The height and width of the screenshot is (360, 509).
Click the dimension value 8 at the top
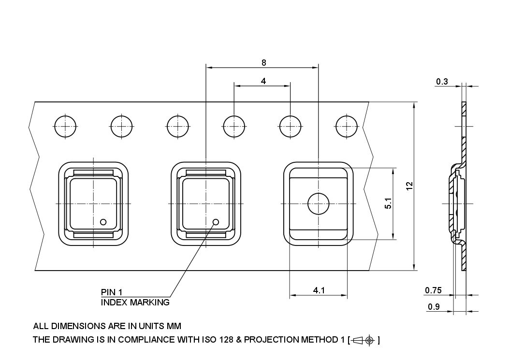(263, 62)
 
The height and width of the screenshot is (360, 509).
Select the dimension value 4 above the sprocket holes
(263, 81)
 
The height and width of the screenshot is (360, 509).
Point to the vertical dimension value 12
(409, 186)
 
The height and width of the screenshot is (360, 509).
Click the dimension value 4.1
(319, 290)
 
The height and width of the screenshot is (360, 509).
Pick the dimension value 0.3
(442, 82)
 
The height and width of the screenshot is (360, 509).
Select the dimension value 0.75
(433, 290)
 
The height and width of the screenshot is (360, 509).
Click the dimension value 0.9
(434, 307)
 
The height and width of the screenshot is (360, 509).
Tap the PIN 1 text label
(112, 292)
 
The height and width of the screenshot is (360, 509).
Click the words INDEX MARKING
(135, 302)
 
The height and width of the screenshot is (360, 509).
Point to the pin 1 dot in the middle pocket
(216, 222)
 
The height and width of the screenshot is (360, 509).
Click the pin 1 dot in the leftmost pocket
(102, 222)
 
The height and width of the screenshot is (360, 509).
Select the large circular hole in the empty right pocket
(318, 203)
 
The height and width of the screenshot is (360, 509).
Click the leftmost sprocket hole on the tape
(65, 127)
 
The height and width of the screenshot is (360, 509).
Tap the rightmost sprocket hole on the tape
(346, 127)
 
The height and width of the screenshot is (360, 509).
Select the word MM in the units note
(174, 326)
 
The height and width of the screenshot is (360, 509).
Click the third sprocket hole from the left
(177, 127)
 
